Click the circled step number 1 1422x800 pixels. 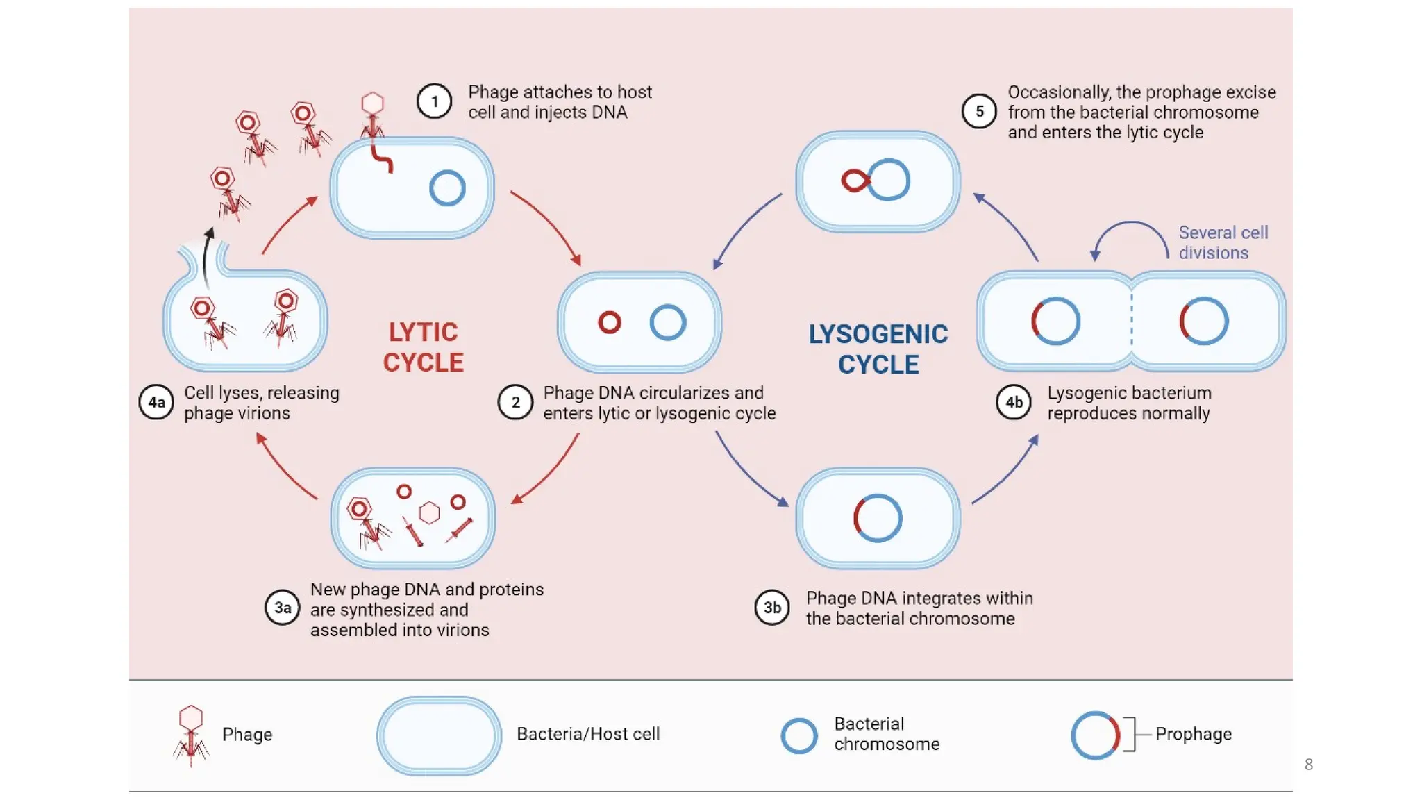(x=434, y=101)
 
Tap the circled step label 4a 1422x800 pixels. (x=156, y=402)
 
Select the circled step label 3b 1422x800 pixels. (x=772, y=608)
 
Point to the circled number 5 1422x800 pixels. (x=979, y=111)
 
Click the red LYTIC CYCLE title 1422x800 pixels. (x=423, y=347)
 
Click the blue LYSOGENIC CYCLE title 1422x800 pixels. (x=878, y=349)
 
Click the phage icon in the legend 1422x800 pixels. (x=191, y=735)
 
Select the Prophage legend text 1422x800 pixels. (x=1193, y=734)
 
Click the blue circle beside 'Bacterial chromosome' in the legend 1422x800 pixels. (x=798, y=735)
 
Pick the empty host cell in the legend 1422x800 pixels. (x=439, y=735)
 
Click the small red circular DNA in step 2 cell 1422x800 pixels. (x=610, y=322)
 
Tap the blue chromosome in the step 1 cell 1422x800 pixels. (x=447, y=188)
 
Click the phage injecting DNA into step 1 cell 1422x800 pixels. (x=373, y=116)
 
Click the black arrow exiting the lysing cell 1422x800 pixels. (x=207, y=257)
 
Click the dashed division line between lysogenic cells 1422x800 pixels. (x=1131, y=321)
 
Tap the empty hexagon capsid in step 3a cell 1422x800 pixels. (x=430, y=513)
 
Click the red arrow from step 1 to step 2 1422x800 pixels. (x=549, y=225)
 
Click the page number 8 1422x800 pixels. (x=1308, y=765)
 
